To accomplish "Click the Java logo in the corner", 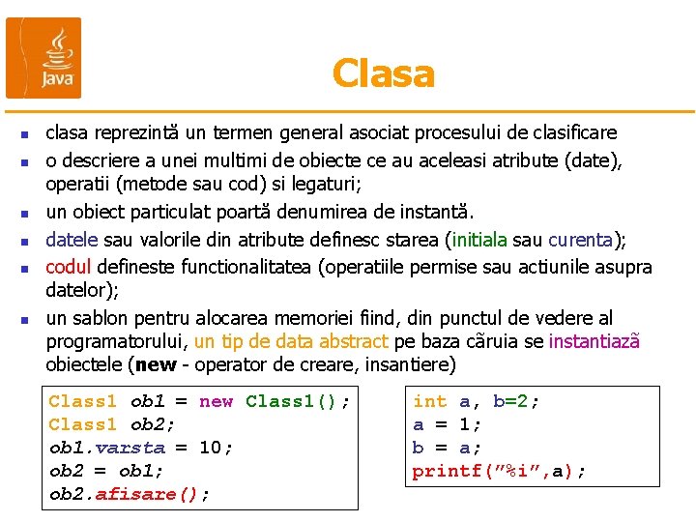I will [x=44, y=57].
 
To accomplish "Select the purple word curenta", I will [x=581, y=241].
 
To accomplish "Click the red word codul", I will [x=68, y=267].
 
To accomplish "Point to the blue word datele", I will [x=72, y=241].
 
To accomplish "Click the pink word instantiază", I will [x=594, y=341].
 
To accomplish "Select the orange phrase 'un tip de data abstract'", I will [x=291, y=341].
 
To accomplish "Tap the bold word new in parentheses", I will [x=157, y=365].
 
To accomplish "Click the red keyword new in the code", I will [x=217, y=401].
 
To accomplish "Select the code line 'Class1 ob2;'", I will [x=111, y=424].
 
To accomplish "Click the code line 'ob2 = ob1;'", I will [x=106, y=471].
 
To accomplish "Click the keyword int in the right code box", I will [x=429, y=401].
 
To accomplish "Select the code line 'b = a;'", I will [x=447, y=448].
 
